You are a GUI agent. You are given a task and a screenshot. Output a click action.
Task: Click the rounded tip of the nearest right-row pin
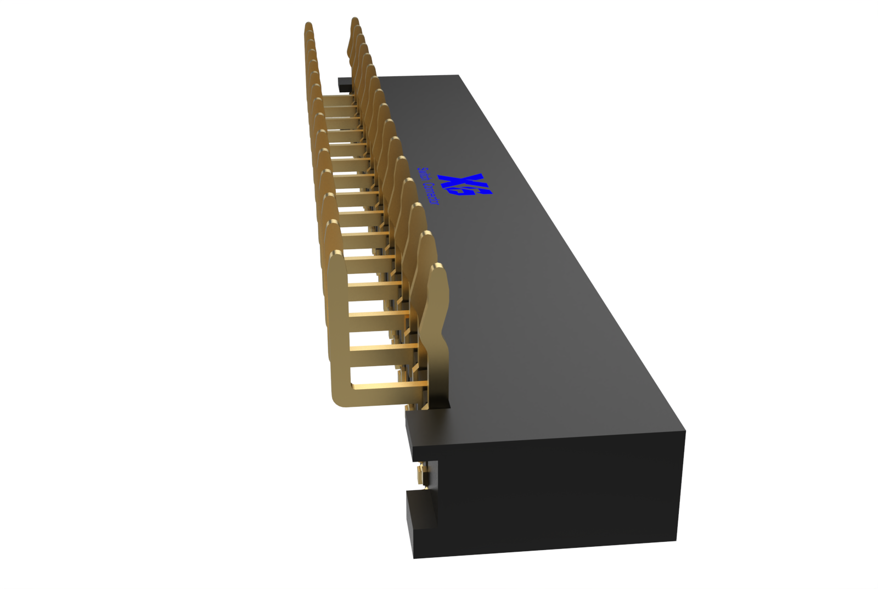[x=438, y=269]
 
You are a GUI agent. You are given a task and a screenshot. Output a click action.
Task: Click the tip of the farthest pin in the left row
[x=308, y=26]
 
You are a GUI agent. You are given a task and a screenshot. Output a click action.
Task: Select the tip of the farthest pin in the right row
[x=354, y=21]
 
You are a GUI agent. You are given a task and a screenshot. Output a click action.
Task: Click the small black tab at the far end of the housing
[x=345, y=85]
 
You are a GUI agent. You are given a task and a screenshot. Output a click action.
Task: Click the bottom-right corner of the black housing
[x=676, y=541]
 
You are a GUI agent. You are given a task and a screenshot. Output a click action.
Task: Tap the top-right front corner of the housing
[x=685, y=431]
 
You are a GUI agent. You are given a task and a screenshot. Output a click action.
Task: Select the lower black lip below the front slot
[x=420, y=511]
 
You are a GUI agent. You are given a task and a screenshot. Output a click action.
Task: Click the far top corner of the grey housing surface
[x=458, y=76]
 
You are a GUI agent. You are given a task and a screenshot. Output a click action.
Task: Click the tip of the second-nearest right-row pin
[x=426, y=236]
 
